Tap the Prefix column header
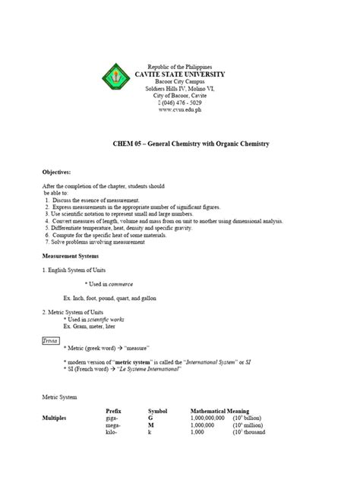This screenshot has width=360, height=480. pos(113,410)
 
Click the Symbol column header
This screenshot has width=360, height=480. pos(157,410)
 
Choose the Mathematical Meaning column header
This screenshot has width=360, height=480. pos(225,410)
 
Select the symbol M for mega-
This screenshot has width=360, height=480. pos(150,425)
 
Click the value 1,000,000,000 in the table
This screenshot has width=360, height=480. pos(209,418)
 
